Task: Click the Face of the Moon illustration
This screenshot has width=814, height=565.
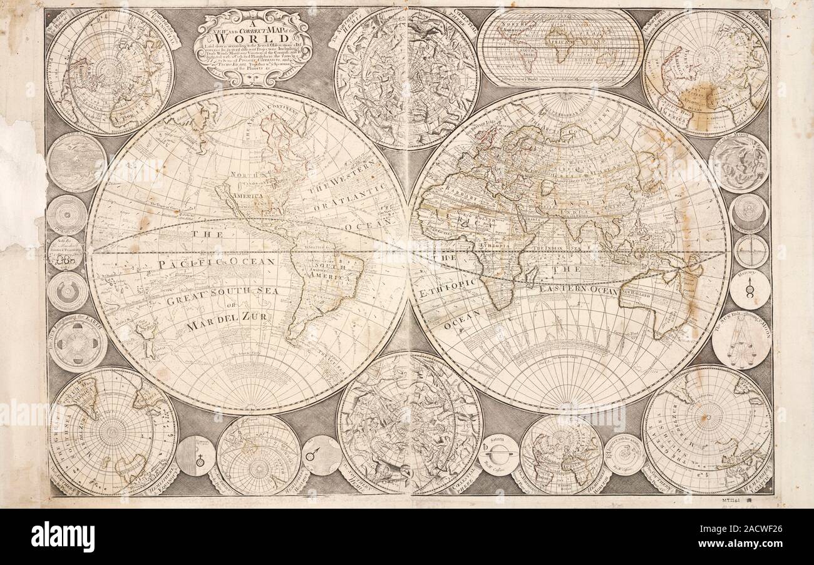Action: (739, 163)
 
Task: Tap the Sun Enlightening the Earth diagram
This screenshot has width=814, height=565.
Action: (78, 342)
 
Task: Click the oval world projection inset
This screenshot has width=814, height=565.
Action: (560, 47)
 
